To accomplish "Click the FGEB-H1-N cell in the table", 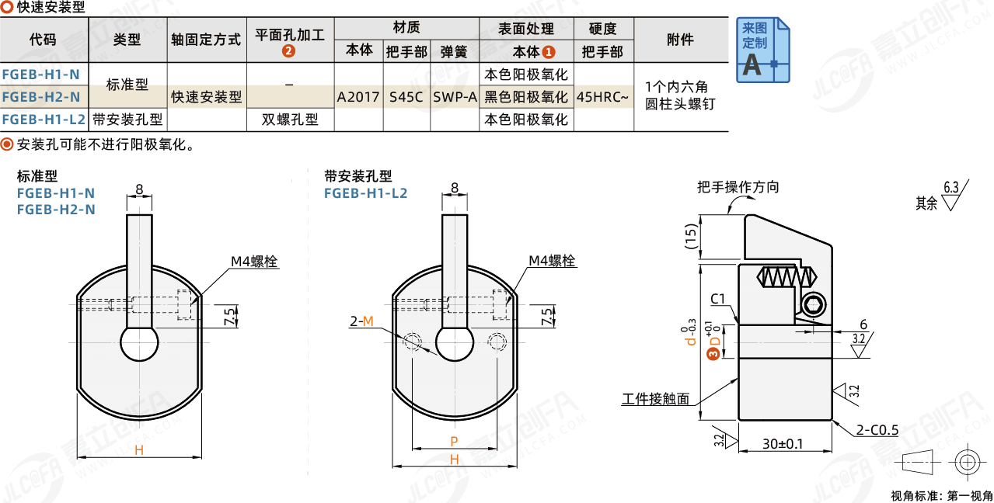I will coord(41,75).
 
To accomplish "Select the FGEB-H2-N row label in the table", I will coord(41,97).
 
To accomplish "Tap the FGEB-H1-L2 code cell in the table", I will coord(44,120).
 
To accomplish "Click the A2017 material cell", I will coord(358,97).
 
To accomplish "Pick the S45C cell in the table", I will coord(406,97).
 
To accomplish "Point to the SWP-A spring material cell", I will coord(455,97).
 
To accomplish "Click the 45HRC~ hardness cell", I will coord(603,97).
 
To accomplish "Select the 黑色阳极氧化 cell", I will coord(526,97).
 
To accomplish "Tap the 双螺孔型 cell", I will coord(290,120).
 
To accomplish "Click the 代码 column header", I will coord(44,40).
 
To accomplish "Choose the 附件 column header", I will coord(680,40).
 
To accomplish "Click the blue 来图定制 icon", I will coord(762,49).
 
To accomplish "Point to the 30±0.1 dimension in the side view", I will coord(783,444).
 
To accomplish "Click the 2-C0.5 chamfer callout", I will coord(877,430).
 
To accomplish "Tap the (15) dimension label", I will coord(691,236).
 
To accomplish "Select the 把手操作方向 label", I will coord(738,187).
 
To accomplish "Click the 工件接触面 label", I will coord(655,399).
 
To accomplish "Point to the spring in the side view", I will coord(787,277).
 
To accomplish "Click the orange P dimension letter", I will coord(455,442).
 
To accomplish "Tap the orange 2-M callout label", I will coord(361,321).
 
